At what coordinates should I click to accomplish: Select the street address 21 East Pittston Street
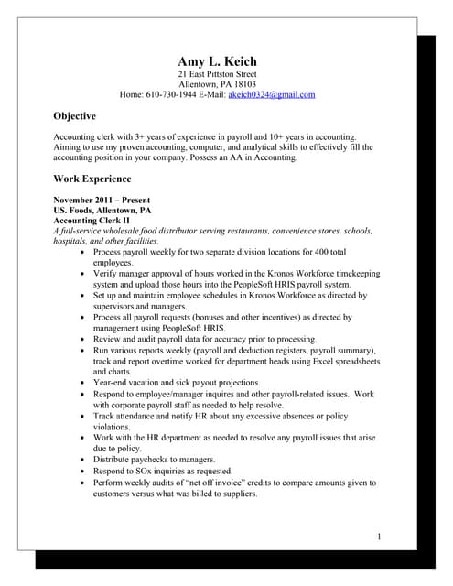(217, 74)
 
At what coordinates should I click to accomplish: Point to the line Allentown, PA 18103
(217, 84)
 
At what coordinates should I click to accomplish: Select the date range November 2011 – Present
(102, 200)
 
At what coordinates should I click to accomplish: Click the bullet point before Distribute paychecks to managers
(85, 459)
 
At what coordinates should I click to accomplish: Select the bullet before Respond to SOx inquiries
(85, 470)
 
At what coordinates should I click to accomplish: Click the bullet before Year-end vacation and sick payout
(85, 382)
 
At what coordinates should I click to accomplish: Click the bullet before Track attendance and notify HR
(85, 415)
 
